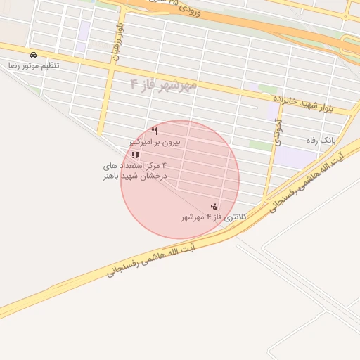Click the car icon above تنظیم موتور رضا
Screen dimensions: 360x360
click(x=33, y=55)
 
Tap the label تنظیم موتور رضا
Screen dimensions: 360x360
click(x=34, y=65)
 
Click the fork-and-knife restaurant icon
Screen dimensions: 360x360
click(x=155, y=131)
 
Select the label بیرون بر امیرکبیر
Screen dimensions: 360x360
click(x=155, y=142)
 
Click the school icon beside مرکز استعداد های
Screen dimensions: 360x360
click(x=135, y=155)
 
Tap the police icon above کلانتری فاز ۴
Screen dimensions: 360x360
click(x=214, y=205)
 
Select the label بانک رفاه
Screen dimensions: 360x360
click(x=321, y=141)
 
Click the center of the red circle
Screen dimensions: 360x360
click(x=180, y=179)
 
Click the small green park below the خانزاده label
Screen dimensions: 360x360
click(x=266, y=89)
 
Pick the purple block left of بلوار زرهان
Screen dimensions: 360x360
click(x=84, y=30)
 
